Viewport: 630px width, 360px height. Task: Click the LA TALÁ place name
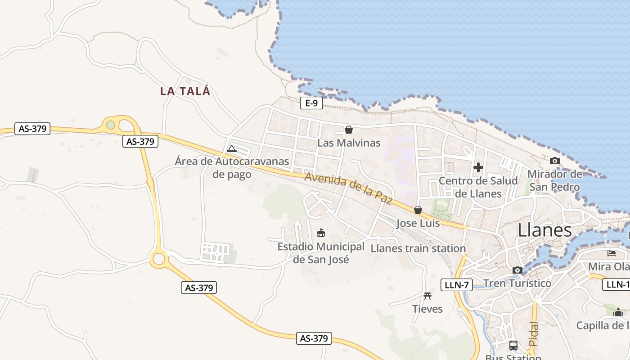click(x=185, y=91)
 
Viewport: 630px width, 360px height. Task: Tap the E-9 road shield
click(x=311, y=103)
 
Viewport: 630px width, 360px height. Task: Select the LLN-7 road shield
click(x=456, y=284)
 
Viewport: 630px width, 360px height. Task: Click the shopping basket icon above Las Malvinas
click(x=348, y=130)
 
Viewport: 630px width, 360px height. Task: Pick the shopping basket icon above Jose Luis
click(x=418, y=210)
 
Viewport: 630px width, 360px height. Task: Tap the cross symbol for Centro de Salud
click(x=478, y=168)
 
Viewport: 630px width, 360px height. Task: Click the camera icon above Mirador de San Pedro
click(x=554, y=161)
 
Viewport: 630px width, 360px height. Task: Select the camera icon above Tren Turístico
click(x=517, y=270)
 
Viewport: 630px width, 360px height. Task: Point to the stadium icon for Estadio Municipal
click(x=321, y=233)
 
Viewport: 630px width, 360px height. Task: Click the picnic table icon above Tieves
click(x=427, y=296)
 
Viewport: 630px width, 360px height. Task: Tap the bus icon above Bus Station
click(x=513, y=346)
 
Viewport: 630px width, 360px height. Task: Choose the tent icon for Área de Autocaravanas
click(x=232, y=148)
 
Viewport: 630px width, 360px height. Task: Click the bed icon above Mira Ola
click(x=612, y=253)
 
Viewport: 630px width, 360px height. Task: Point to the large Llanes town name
click(x=544, y=230)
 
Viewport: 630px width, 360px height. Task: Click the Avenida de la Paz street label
click(x=348, y=188)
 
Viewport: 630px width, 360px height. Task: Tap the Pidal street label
click(x=533, y=333)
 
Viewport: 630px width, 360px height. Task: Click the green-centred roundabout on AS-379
click(x=111, y=125)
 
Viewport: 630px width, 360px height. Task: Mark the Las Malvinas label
click(x=349, y=143)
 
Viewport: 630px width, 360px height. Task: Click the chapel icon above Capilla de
click(x=618, y=312)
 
